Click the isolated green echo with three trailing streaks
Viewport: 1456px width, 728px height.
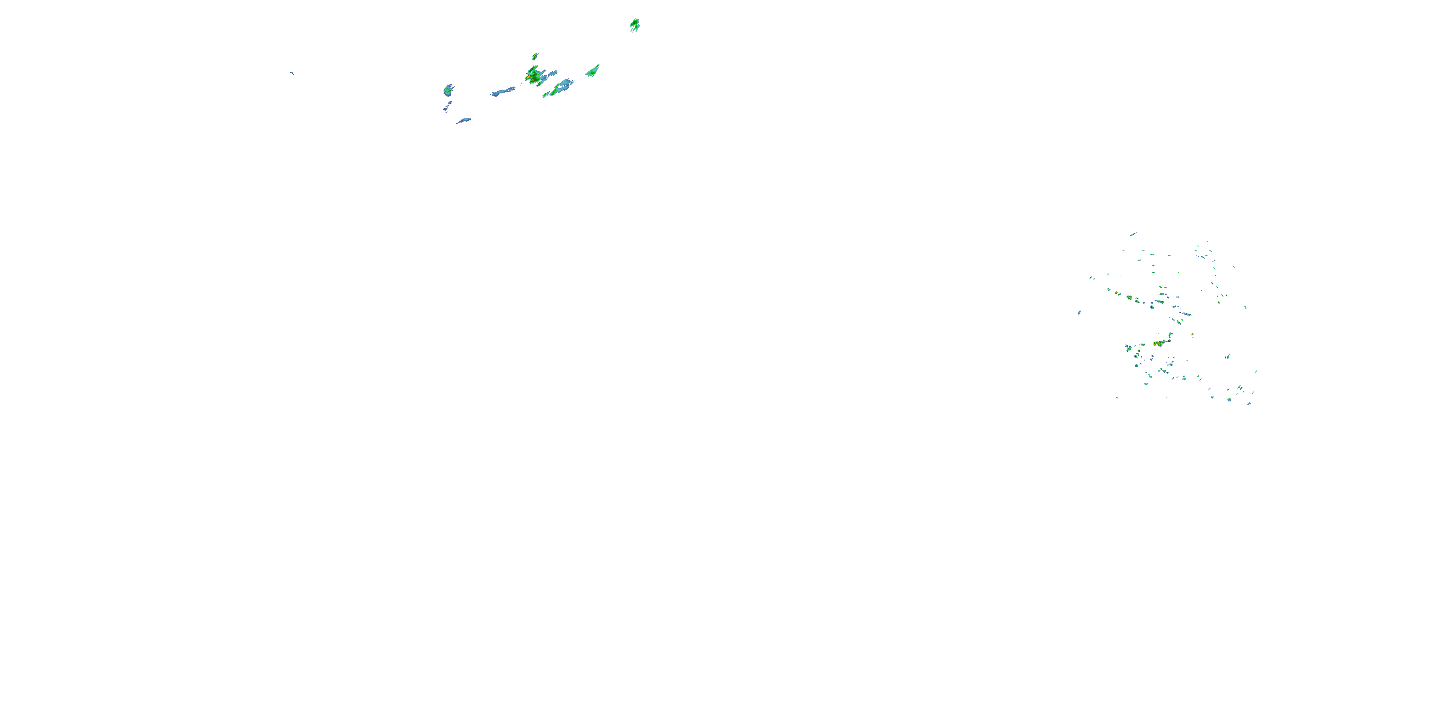635,24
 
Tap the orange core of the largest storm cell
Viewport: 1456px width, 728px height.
530,75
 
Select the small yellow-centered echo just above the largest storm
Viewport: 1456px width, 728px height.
535,56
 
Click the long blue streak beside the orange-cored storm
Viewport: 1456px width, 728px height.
502,92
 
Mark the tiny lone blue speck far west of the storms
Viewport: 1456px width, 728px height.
292,73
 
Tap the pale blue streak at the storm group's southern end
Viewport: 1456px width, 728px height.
464,120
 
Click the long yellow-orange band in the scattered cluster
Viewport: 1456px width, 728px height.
1160,343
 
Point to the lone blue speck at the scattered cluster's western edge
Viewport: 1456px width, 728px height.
1079,313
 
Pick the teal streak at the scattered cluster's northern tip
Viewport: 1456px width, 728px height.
1133,234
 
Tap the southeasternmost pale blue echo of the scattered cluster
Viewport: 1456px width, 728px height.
1249,404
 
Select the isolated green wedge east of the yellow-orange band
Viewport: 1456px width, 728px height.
1228,356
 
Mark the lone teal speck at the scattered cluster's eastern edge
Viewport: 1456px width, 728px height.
1246,308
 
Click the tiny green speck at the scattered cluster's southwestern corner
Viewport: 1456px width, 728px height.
1117,397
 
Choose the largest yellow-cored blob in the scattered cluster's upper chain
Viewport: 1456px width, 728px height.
1129,298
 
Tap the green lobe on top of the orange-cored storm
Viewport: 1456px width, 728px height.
533,68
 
